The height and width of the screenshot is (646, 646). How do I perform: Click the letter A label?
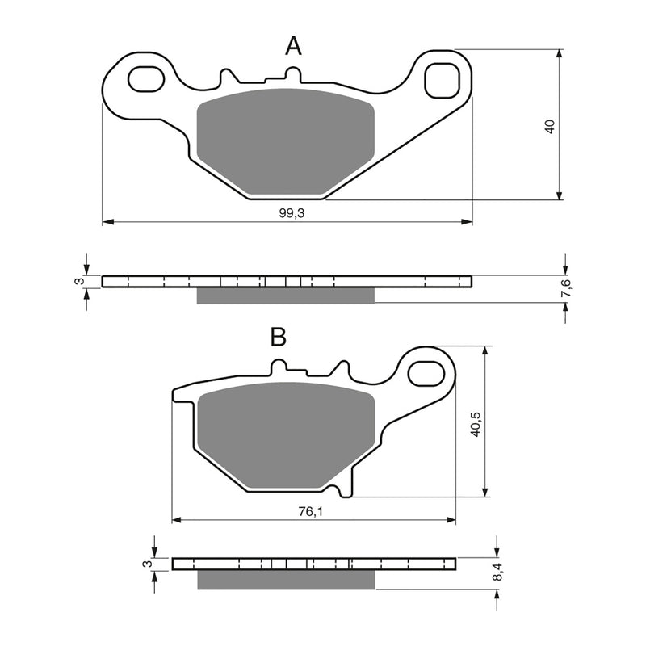tap(293, 47)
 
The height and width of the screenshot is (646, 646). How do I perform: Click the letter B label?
tap(278, 338)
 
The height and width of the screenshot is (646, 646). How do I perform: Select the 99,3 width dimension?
tap(289, 212)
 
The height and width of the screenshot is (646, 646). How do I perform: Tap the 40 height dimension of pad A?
tap(550, 126)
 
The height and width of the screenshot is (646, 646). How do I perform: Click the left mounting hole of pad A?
tap(145, 79)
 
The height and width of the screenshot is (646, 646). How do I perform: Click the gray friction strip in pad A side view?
tap(286, 296)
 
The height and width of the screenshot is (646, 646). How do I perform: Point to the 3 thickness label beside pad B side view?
tap(147, 563)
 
